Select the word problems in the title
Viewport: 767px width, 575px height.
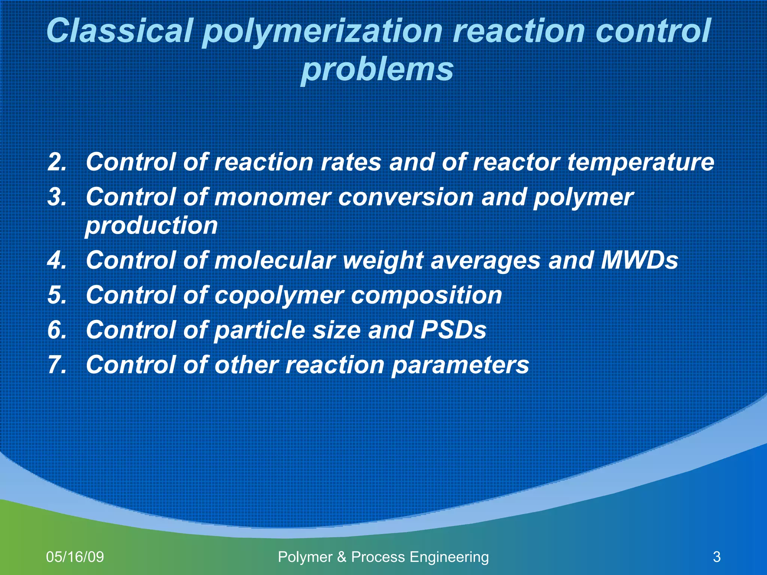tap(377, 70)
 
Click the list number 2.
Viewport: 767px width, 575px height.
tap(57, 162)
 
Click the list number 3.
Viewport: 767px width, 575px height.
tap(57, 197)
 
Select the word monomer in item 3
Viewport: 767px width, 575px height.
tap(273, 197)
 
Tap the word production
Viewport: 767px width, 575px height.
tap(151, 226)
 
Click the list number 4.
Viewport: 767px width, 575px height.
tap(57, 260)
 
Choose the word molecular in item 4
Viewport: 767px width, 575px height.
tap(274, 260)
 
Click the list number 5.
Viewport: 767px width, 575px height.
tap(57, 295)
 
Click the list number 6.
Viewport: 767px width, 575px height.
tap(57, 330)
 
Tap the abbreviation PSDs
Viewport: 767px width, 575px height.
tap(453, 330)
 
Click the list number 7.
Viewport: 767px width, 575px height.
tap(57, 365)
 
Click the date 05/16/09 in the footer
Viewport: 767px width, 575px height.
tap(75, 557)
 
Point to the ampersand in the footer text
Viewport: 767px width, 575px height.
tap(342, 557)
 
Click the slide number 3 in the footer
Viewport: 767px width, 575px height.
tap(717, 557)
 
